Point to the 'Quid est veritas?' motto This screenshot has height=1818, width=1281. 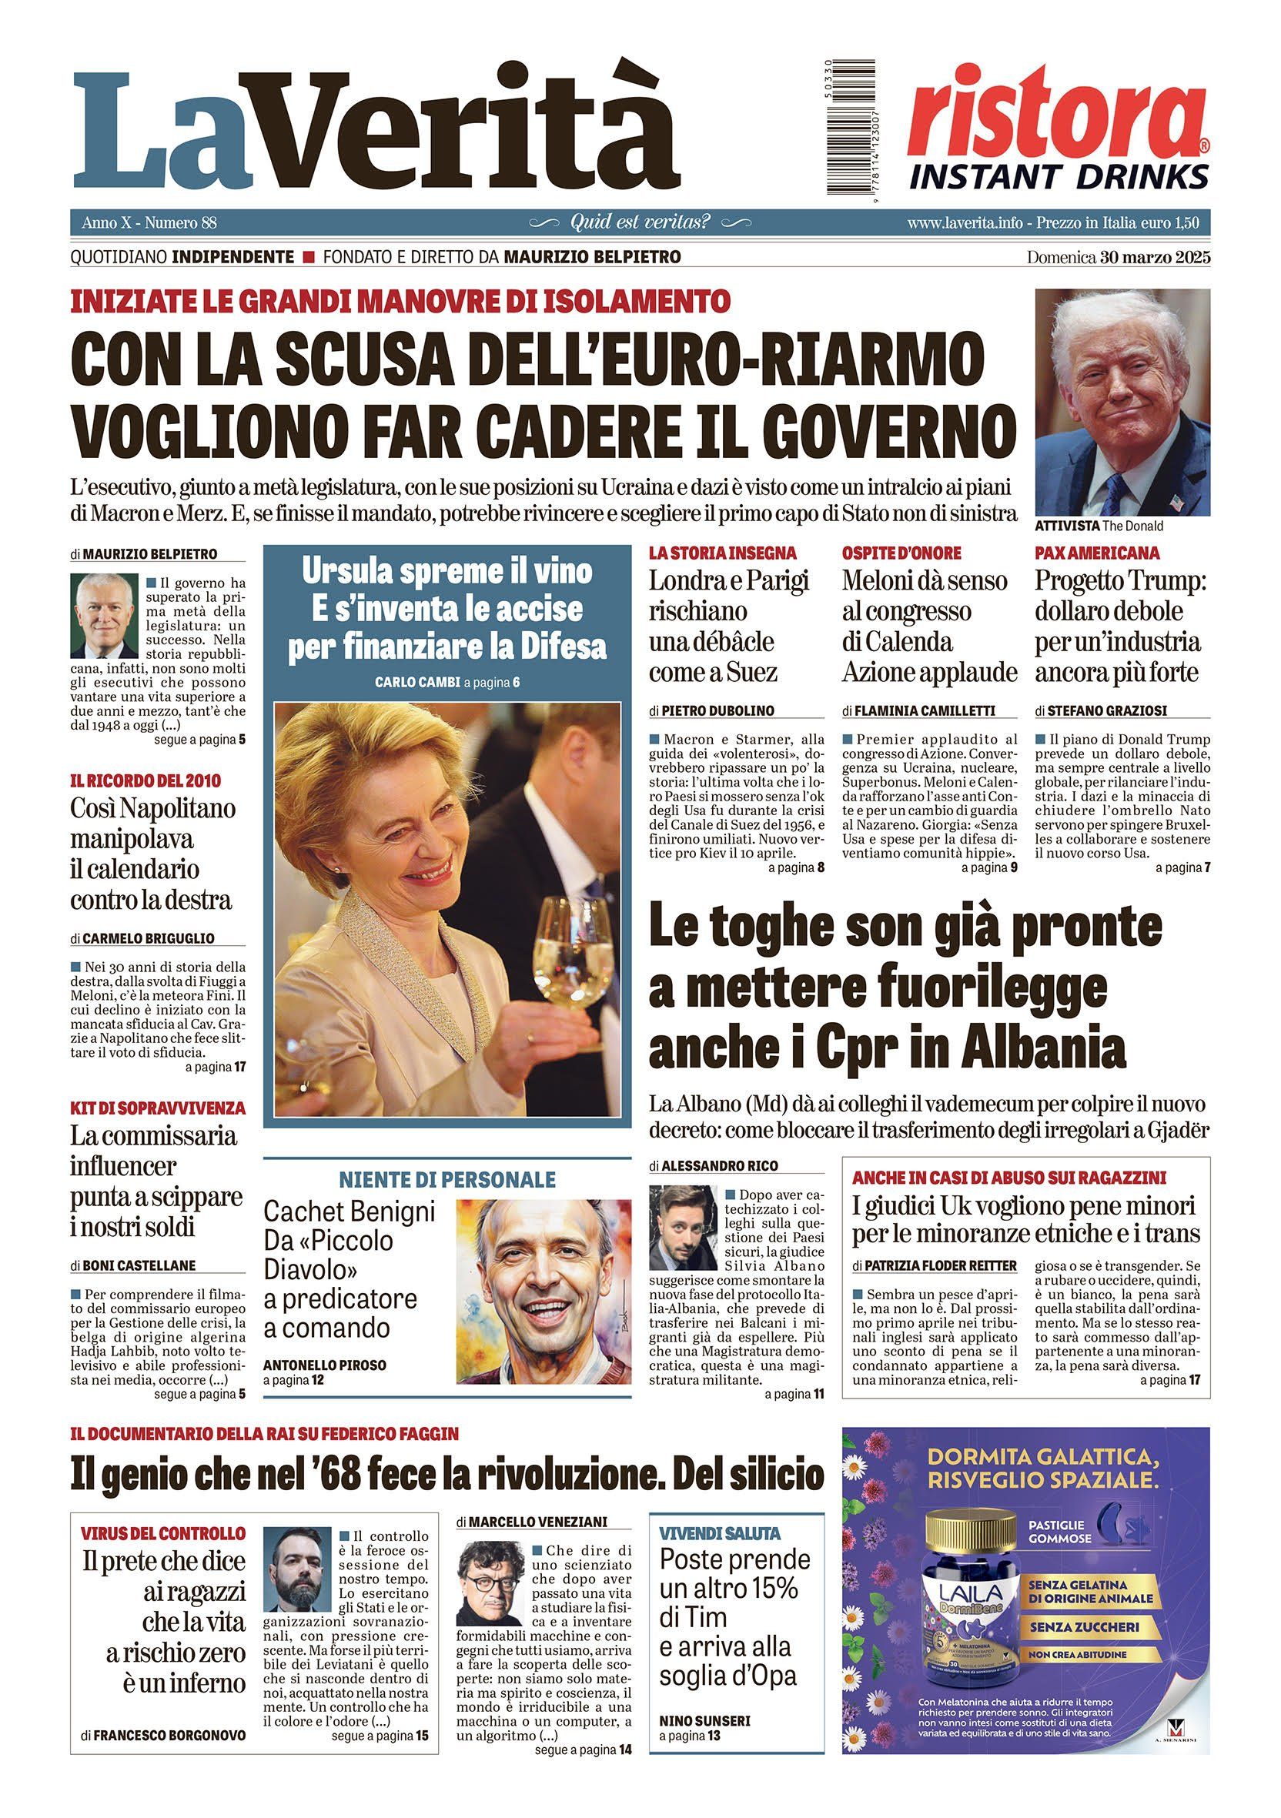tap(640, 222)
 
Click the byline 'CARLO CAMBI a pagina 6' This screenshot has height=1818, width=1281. tap(447, 682)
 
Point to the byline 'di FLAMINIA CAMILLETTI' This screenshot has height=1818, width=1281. tap(918, 710)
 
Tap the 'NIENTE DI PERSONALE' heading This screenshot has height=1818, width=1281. tap(447, 1179)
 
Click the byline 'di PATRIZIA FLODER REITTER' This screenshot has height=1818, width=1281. tap(935, 1265)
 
